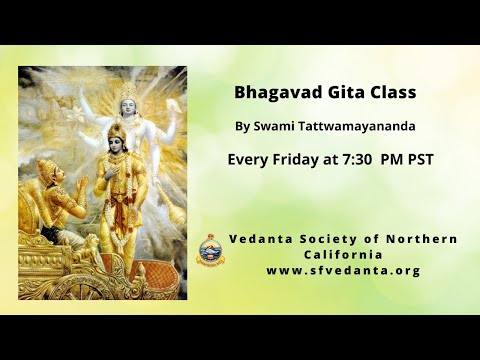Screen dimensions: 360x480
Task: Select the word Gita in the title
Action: [344, 92]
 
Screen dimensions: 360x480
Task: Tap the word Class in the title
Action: [392, 92]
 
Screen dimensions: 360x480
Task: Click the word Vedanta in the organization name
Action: [261, 239]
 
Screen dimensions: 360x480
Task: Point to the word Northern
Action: [424, 239]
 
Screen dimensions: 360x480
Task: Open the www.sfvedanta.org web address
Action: [343, 271]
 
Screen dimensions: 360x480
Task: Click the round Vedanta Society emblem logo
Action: [210, 250]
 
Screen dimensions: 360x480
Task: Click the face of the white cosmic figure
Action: [128, 101]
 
